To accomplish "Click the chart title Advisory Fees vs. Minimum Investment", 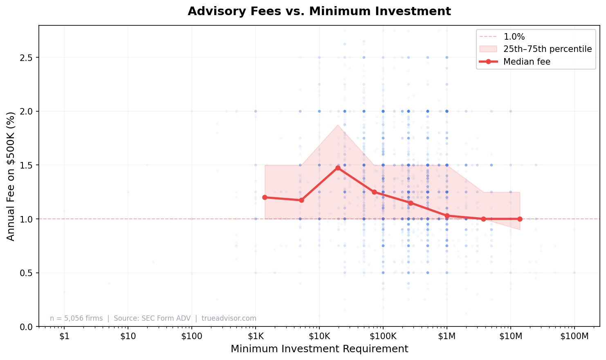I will click(319, 11).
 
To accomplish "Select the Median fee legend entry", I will click(527, 62).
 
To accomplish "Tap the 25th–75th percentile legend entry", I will click(547, 49).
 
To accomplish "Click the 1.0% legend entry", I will click(514, 37).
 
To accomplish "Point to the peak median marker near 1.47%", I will click(338, 168).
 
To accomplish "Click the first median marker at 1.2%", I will click(265, 197).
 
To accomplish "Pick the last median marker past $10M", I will click(520, 219).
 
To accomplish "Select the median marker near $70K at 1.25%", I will click(374, 192).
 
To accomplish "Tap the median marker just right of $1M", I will click(447, 216).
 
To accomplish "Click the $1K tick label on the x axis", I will click(255, 336).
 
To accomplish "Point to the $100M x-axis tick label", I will click(574, 336).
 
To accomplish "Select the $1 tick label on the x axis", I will click(64, 336).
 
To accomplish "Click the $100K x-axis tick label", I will click(383, 336).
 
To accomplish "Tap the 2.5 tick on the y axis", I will click(27, 57).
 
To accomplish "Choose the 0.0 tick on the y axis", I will click(27, 327).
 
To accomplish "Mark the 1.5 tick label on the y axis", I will click(27, 165).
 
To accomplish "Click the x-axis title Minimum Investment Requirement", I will click(319, 349).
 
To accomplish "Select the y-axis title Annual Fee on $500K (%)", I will click(11, 176).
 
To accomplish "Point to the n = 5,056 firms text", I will click(76, 318).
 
